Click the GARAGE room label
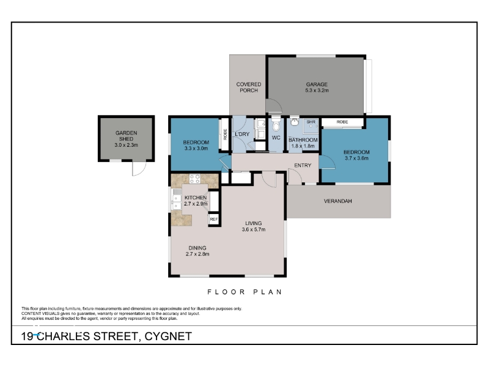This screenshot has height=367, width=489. tap(317, 84)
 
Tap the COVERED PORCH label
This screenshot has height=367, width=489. tap(249, 87)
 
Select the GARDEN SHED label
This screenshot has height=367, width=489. tap(127, 136)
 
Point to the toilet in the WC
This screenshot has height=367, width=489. tap(276, 124)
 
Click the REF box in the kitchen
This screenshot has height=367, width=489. tap(214, 220)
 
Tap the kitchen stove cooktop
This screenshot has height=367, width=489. tap(195, 179)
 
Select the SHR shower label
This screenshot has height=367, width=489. tap(311, 122)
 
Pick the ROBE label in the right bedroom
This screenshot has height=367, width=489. tap(342, 122)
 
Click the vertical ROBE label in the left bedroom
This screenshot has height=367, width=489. tap(225, 135)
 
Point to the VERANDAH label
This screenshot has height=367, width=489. tap(338, 201)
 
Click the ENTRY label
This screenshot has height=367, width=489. tap(303, 165)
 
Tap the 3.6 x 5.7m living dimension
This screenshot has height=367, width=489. tap(254, 230)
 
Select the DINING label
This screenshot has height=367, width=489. tap(197, 248)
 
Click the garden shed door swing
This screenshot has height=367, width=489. tap(139, 169)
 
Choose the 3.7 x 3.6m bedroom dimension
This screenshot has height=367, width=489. tap(356, 158)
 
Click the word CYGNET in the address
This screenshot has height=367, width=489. tap(169, 336)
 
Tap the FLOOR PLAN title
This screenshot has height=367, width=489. tap(245, 292)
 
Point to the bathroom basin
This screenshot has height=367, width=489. tap(295, 122)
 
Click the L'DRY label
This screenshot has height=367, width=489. tap(242, 134)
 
